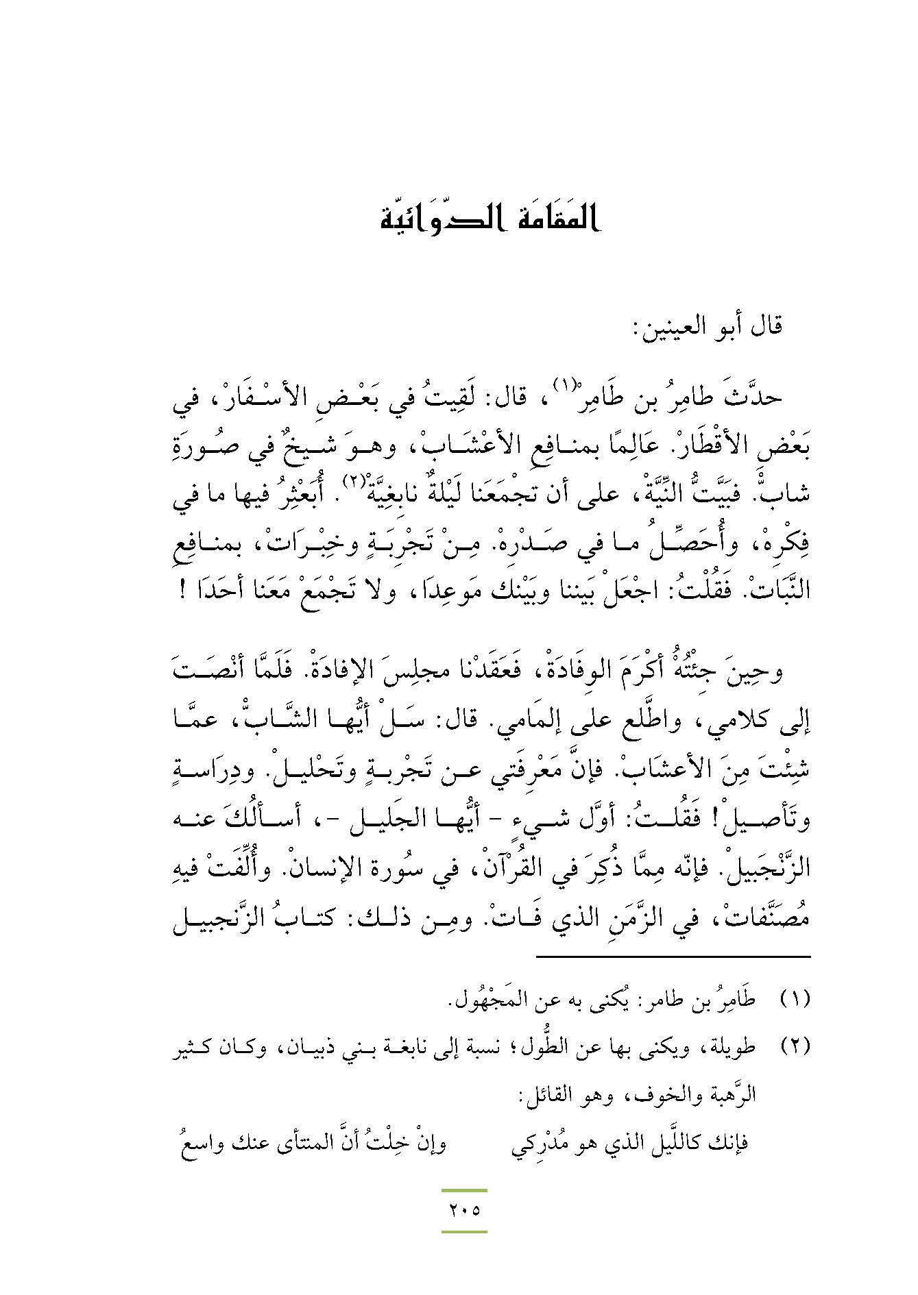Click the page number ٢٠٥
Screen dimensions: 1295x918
pos(464,1209)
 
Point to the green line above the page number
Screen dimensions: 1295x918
pos(464,1191)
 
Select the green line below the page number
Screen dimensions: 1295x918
pos(464,1231)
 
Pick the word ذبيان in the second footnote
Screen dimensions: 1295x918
pos(309,1048)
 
